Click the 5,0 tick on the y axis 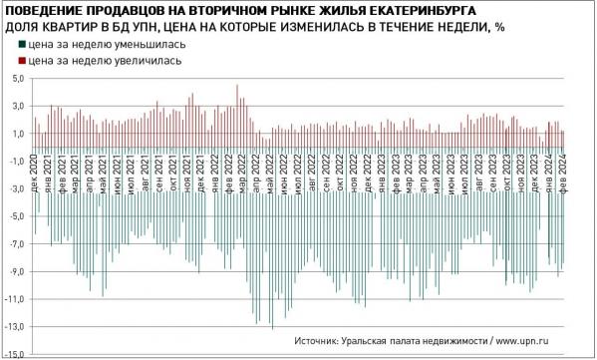(17, 77)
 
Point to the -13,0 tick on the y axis (15, 326)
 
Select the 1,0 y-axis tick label (17, 133)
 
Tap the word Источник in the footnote (322, 341)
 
